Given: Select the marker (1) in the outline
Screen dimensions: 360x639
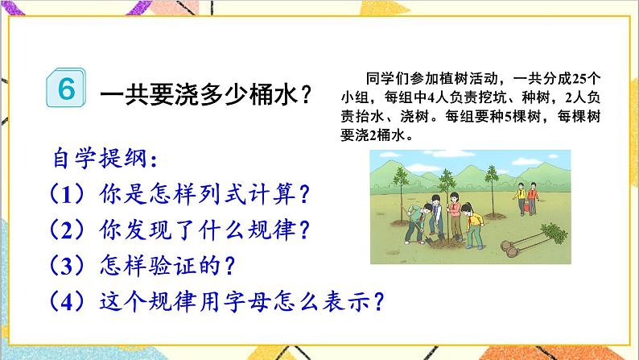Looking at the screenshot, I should (x=64, y=192).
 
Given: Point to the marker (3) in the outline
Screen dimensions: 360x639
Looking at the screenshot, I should (x=64, y=265).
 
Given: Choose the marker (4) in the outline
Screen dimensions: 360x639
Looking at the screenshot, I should (x=64, y=301).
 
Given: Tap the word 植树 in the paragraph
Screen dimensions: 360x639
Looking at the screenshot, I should (x=441, y=80).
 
